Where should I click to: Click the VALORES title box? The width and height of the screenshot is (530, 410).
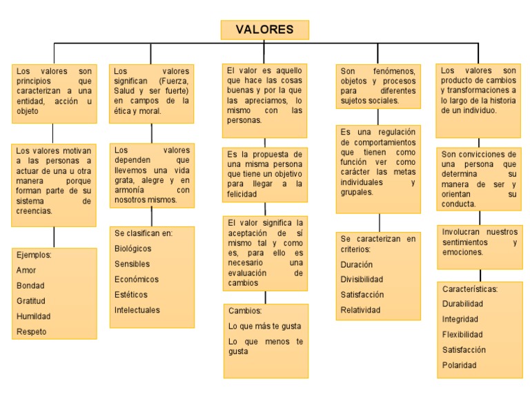coord(264,30)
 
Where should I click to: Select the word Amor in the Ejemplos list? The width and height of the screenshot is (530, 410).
coord(26,271)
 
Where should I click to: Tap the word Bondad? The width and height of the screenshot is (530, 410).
coord(30,286)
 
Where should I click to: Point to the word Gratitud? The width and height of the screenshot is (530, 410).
coord(31,301)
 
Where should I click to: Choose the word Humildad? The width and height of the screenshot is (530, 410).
coord(33,316)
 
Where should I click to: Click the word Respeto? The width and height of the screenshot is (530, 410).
coord(32,331)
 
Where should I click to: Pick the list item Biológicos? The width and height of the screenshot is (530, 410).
coord(133,248)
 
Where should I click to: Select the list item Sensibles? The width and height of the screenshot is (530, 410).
coord(132,264)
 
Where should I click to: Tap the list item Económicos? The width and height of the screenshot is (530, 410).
coord(137,280)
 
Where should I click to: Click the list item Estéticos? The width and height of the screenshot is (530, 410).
coord(131,295)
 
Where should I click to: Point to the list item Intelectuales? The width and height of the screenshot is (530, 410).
coord(137,310)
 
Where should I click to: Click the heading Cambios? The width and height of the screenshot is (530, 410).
coord(245,311)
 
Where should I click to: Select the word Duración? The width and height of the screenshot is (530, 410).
coord(357,264)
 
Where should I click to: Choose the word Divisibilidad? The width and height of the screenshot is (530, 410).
coord(362,280)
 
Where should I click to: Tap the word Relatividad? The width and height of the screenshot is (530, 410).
coord(360,310)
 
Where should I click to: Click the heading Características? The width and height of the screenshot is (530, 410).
coord(470,289)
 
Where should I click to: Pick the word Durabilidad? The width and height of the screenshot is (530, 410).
coord(462,304)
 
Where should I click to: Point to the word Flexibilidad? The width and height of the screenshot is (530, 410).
coord(462,335)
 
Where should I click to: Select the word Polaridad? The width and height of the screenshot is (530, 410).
coord(460,365)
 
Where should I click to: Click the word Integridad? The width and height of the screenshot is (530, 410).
coord(460,320)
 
